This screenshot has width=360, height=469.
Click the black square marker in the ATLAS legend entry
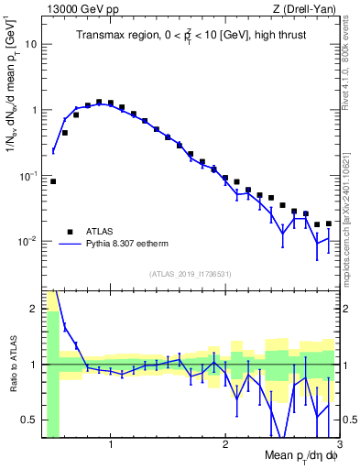pos(70,232)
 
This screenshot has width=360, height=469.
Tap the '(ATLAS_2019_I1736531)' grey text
pos(189,273)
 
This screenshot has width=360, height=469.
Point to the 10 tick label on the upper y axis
pos(30,44)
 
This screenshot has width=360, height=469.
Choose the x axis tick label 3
pos(338,445)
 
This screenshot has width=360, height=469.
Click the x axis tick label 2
pos(224,445)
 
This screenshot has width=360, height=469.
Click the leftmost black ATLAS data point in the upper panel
pos(53,181)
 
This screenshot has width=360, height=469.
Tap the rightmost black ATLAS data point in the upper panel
pos(329,224)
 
